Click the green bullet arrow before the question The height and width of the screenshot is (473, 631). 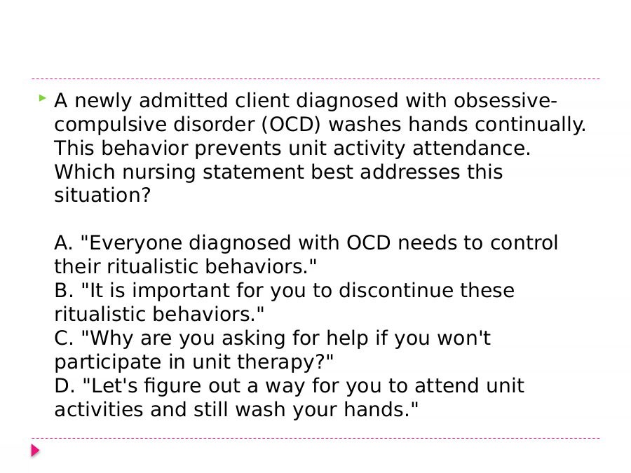(43, 97)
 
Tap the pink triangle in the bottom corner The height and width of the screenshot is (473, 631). (36, 451)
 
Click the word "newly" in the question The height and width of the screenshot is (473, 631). (103, 101)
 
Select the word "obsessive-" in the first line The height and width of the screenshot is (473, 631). (506, 100)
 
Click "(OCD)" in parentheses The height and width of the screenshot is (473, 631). (291, 124)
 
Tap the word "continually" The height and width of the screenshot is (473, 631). (530, 125)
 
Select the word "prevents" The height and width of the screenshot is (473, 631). (238, 149)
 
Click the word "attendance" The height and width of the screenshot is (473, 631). (471, 148)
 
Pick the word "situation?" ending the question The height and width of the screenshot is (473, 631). (102, 195)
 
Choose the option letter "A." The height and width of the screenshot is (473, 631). (64, 243)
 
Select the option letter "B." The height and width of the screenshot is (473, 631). (64, 290)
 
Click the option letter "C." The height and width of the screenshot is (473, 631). (64, 338)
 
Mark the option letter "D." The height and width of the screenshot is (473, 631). (65, 385)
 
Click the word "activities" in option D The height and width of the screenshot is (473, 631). (99, 409)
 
